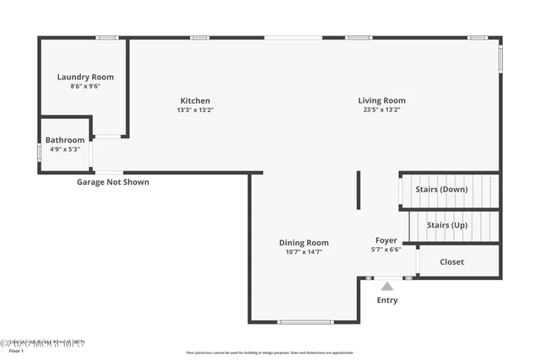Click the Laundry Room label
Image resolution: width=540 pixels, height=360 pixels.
(85, 77)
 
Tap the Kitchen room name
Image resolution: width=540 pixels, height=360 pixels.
(195, 100)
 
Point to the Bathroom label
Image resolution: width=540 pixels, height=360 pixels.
(65, 140)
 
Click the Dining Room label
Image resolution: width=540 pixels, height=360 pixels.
(304, 243)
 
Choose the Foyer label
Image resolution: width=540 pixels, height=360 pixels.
(386, 240)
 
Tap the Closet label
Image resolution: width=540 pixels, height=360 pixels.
(452, 262)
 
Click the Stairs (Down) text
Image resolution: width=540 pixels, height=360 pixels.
(441, 190)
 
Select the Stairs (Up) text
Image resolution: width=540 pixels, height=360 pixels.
(447, 225)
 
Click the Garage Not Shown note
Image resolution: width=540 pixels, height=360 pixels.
(113, 182)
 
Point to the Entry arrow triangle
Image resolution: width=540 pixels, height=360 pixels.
(386, 287)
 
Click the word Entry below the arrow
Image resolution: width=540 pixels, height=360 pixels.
(387, 300)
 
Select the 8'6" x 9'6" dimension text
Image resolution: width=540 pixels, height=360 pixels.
(85, 86)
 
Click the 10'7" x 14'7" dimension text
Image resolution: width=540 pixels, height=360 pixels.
(304, 251)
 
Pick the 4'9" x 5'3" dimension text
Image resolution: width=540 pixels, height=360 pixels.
(65, 149)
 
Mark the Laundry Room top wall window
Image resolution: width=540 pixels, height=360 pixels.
(106, 37)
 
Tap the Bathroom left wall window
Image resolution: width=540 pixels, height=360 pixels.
(39, 153)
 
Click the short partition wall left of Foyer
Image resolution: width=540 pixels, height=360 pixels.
(359, 191)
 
